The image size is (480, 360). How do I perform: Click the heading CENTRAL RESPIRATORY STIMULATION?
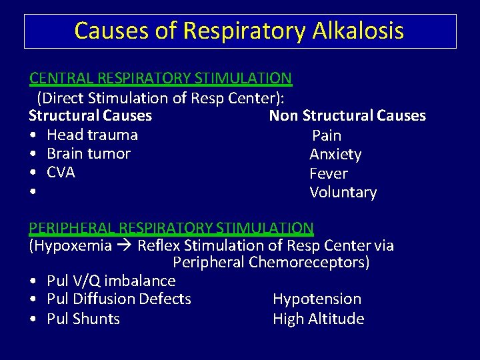pos(160,78)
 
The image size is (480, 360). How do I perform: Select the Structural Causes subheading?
pos(90,116)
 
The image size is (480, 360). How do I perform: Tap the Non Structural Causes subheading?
pos(347,116)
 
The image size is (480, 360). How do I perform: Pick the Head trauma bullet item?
pos(92,135)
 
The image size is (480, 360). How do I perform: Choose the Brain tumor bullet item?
pos(89,153)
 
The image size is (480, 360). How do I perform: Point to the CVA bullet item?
pos(61,173)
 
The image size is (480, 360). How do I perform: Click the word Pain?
pos(327,135)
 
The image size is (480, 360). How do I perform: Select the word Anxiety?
pos(335,155)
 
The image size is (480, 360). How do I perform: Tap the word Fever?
pos(329,174)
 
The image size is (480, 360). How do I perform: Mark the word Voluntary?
pos(343,193)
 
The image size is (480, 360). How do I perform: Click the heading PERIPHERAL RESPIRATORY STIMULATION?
pos(171,228)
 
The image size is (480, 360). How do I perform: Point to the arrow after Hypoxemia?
pos(125,246)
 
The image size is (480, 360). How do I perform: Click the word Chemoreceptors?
pos(309,262)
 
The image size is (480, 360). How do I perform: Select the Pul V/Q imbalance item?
pos(111,281)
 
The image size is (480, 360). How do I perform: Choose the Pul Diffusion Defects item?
pos(119,299)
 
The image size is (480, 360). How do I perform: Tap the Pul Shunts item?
pos(83,319)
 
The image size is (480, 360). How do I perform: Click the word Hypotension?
pos(317,299)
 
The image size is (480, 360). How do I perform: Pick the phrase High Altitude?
pos(318,319)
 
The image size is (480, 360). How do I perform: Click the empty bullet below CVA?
pos(32,193)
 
